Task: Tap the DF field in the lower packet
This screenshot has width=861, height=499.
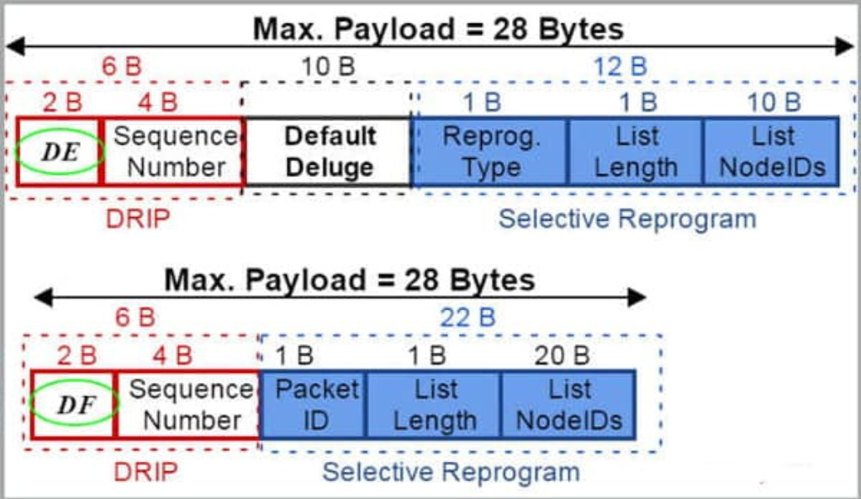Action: [72, 405]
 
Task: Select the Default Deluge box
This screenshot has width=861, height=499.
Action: [329, 152]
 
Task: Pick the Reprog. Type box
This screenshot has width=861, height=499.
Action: [491, 152]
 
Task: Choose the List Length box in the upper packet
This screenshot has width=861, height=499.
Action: [636, 152]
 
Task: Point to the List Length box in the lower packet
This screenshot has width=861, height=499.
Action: [435, 405]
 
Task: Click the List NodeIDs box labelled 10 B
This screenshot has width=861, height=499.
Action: [772, 152]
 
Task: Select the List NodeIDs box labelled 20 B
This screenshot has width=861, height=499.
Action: [569, 405]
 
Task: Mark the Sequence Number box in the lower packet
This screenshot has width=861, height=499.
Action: [188, 405]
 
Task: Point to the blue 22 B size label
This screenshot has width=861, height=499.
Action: [467, 317]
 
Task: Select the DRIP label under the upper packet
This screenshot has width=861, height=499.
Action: [138, 219]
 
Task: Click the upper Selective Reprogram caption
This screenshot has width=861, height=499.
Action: [626, 219]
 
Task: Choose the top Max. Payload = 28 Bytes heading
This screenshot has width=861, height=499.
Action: [438, 29]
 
